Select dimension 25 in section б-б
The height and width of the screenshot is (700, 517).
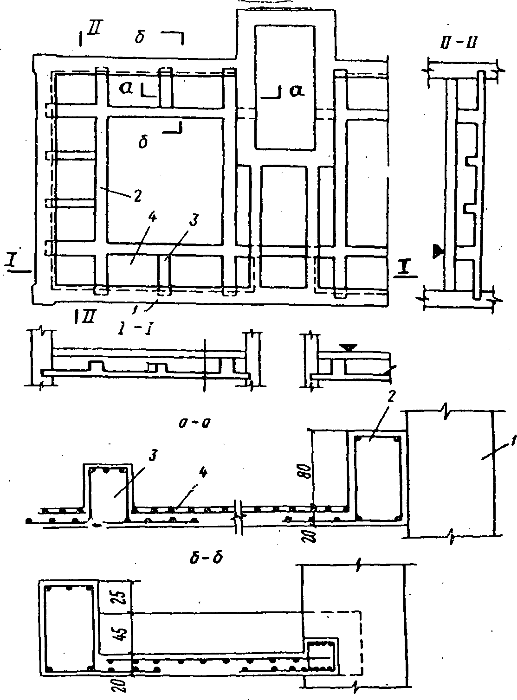(x=116, y=597)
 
